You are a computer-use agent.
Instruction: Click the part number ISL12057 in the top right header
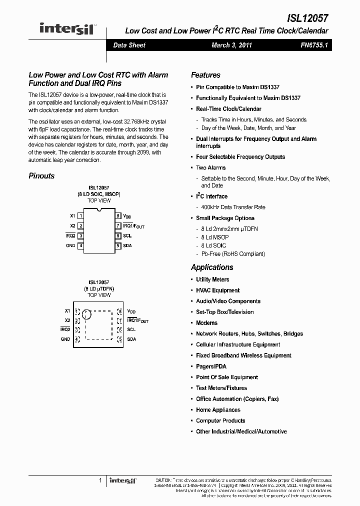click(307, 18)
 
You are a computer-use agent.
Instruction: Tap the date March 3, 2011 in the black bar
click(231, 45)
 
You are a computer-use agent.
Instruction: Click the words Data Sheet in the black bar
click(129, 45)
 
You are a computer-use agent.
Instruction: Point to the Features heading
click(205, 75)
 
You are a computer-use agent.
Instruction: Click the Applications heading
click(212, 267)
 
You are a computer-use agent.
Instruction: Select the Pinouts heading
click(41, 176)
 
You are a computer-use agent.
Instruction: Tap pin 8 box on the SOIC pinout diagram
click(118, 216)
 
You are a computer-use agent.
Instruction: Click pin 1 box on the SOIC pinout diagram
click(80, 216)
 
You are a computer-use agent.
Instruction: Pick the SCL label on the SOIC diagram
click(127, 235)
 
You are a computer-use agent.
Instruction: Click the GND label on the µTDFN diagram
click(65, 339)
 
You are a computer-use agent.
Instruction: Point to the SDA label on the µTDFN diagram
click(131, 339)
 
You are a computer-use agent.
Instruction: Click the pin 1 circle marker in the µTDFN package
click(87, 314)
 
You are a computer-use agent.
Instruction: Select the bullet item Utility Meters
click(212, 279)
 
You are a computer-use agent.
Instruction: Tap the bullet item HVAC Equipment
click(217, 290)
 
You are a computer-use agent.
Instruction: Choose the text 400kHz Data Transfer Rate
click(233, 207)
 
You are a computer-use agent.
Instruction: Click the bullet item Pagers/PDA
click(211, 366)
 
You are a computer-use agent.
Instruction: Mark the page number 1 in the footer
click(100, 480)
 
